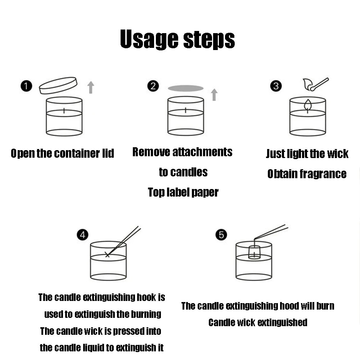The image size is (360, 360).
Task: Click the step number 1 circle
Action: pyautogui.click(x=26, y=86)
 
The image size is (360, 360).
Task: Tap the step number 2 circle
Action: pyautogui.click(x=153, y=86)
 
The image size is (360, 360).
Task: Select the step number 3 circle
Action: pyautogui.click(x=276, y=86)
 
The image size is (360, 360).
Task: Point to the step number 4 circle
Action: pyautogui.click(x=83, y=235)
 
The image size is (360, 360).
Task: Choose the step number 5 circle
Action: pyautogui.click(x=221, y=235)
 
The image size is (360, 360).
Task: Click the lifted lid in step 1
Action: pyautogui.click(x=58, y=85)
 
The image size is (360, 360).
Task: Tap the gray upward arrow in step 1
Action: pyautogui.click(x=91, y=87)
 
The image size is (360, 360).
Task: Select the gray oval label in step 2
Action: pyautogui.click(x=186, y=88)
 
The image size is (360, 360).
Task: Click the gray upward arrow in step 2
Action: pyautogui.click(x=214, y=95)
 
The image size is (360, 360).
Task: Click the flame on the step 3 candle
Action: pyautogui.click(x=308, y=105)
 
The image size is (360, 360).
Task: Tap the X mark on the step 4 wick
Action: pyautogui.click(x=107, y=255)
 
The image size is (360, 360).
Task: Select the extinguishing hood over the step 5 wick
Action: pyautogui.click(x=255, y=252)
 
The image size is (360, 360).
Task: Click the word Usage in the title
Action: pyautogui.click(x=149, y=39)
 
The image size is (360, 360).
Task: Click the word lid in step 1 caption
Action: pyautogui.click(x=108, y=153)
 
